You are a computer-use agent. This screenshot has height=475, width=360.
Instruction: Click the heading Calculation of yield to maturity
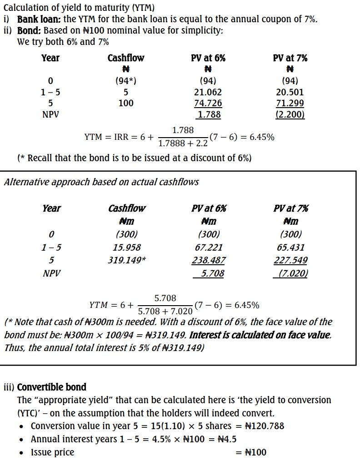pos(79,8)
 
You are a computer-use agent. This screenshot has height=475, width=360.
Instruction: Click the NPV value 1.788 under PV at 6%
pos(210,114)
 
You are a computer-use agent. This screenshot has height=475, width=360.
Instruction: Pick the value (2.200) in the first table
pos(290,114)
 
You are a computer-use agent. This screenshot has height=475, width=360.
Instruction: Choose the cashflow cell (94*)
pos(126,81)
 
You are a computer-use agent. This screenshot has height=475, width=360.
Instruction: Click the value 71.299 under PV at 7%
pos(290,104)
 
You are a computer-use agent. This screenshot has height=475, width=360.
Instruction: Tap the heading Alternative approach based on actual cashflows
pos(101,182)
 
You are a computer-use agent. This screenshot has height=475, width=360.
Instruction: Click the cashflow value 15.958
pos(127,247)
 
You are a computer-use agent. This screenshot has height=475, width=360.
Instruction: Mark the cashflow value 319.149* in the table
pos(127,261)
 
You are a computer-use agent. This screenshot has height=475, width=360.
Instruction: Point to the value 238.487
pos(209,261)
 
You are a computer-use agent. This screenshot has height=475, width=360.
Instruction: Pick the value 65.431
pos(290,247)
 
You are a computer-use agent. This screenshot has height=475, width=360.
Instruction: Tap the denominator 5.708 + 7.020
pos(165,312)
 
